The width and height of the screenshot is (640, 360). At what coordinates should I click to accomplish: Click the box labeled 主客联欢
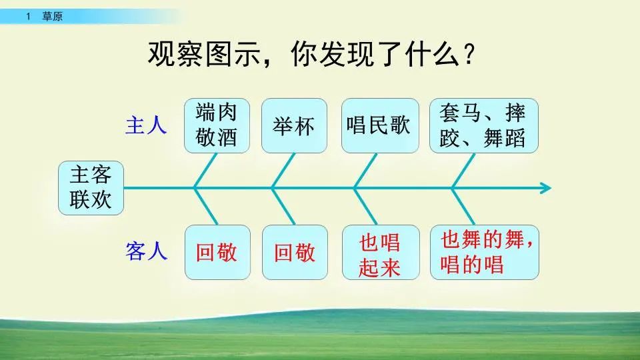(91, 187)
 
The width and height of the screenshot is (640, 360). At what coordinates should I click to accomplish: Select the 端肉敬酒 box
(216, 125)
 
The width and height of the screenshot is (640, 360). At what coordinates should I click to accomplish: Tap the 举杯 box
(294, 125)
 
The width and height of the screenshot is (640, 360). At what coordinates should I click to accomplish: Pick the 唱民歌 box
(380, 125)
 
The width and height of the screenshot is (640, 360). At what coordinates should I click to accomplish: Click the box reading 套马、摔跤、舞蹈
(483, 125)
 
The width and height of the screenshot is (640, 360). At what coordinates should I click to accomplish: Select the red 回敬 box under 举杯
(295, 252)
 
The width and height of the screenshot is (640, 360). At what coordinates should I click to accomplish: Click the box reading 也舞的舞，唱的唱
(484, 252)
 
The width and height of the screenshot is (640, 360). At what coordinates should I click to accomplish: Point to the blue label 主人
(146, 126)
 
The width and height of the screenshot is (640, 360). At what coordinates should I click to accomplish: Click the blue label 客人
(146, 252)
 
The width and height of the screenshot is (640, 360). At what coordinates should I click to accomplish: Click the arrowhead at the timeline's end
(545, 188)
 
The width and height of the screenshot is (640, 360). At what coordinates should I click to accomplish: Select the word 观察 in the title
(171, 53)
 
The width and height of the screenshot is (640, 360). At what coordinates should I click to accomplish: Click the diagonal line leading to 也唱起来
(365, 206)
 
